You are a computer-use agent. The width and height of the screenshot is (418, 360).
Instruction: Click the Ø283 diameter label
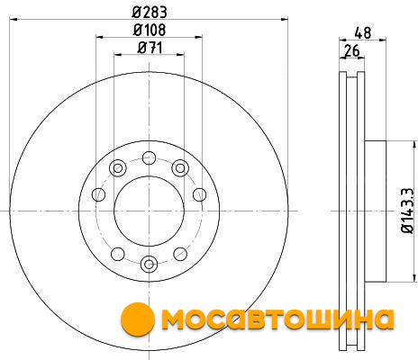150,12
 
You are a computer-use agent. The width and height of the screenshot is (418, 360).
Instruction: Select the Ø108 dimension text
150,30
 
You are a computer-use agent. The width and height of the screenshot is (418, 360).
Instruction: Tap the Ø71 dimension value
150,48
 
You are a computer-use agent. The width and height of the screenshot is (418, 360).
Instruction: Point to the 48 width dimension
363,32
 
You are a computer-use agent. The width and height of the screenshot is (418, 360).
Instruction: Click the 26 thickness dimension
351,50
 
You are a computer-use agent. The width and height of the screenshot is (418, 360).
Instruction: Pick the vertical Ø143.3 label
407,211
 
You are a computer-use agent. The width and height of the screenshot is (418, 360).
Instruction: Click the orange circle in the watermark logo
138,319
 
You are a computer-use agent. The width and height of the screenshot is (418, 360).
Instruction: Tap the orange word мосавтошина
277,319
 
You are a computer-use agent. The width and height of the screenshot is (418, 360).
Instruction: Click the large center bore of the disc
149,211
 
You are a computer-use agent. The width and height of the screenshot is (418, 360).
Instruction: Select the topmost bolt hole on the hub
149,157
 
